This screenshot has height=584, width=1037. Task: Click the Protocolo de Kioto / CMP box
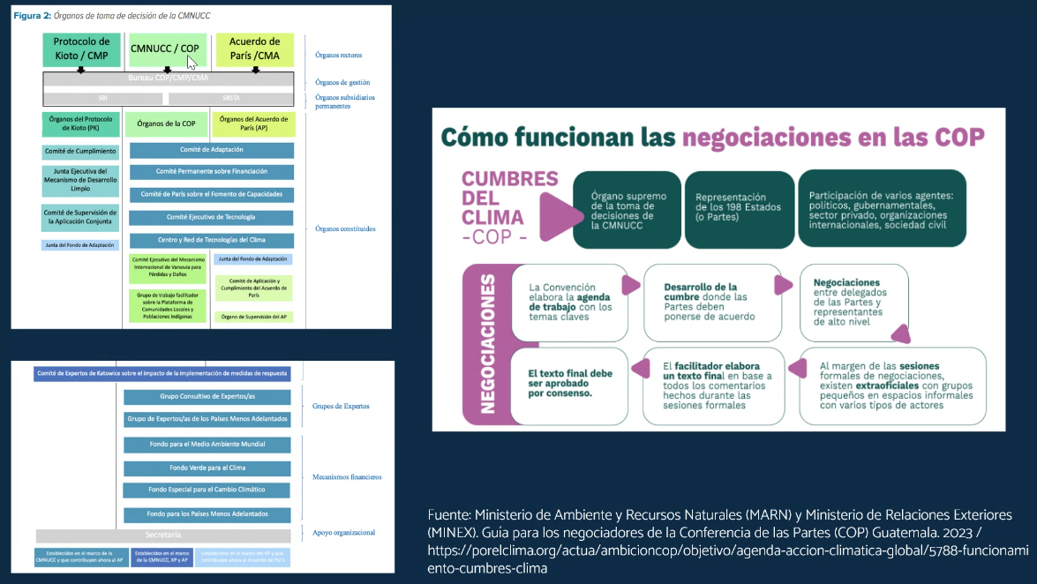coord(81,49)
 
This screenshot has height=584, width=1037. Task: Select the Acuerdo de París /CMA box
coord(254,49)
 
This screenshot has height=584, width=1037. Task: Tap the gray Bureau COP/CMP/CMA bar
coord(168,79)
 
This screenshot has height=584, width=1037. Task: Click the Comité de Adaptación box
coord(211,150)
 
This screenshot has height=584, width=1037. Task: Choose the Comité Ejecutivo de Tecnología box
coord(211,217)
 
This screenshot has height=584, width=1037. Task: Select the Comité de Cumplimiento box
coord(80,151)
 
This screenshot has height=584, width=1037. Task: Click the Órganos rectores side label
coord(339,55)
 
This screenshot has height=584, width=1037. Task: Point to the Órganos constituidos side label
coord(345,228)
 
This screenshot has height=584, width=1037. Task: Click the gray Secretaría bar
coord(162,535)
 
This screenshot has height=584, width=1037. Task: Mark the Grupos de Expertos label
coord(341,407)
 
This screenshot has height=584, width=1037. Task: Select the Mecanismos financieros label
coord(347,477)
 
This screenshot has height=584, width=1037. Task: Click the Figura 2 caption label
coord(31,16)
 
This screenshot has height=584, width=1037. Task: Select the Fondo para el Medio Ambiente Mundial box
coord(207,444)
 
